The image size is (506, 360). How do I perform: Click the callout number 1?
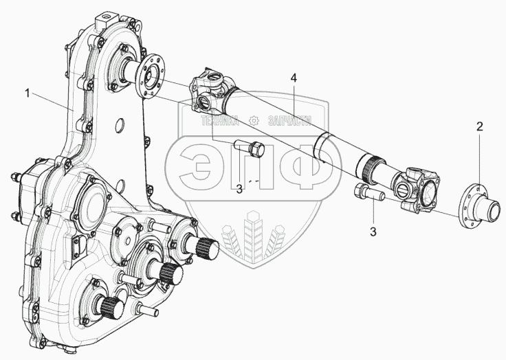[x=27, y=93]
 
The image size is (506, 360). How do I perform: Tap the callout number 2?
[x=480, y=126]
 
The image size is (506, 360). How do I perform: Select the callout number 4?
[x=294, y=78]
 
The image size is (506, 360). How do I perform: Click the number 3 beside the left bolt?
[x=239, y=190]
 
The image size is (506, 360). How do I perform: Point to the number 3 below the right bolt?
[x=373, y=232]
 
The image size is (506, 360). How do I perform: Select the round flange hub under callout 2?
[x=478, y=207]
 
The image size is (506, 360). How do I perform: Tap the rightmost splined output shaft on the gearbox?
[x=207, y=247]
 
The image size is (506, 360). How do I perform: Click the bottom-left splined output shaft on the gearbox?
[x=112, y=307]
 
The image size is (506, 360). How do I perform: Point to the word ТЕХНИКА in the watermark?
[x=220, y=121]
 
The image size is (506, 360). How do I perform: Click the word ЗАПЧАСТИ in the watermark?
[x=290, y=121]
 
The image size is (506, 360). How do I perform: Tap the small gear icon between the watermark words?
[x=254, y=121]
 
